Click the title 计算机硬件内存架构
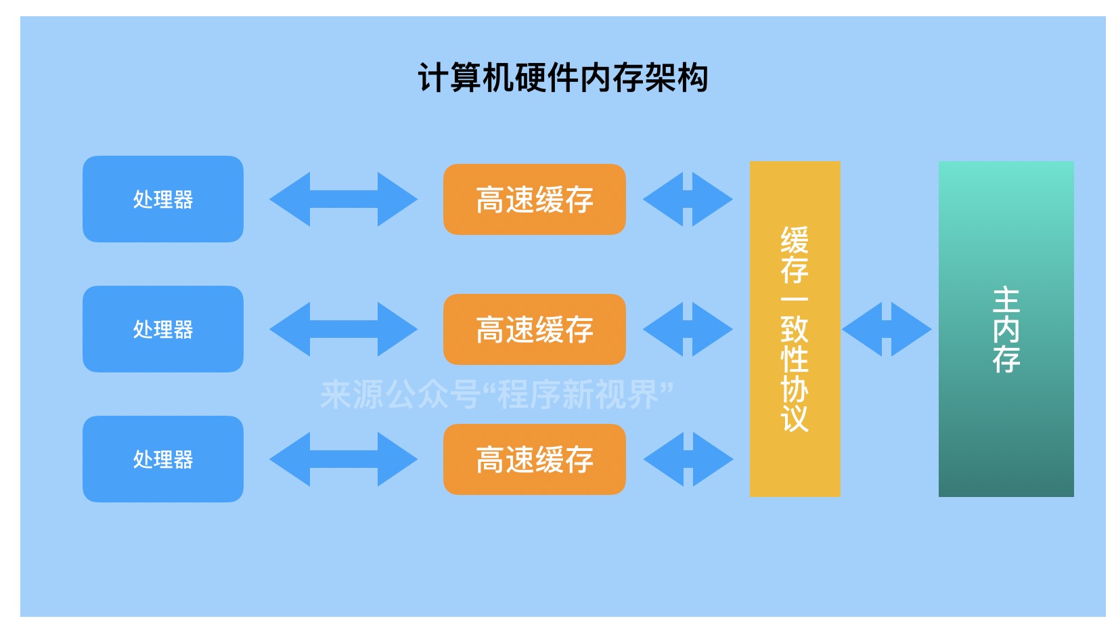click(x=562, y=78)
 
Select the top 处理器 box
click(x=162, y=199)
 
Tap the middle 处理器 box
click(x=162, y=329)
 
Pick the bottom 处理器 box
click(x=162, y=459)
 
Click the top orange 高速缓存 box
click(x=534, y=199)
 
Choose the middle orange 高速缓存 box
click(x=534, y=329)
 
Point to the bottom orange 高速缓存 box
click(x=534, y=459)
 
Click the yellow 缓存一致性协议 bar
click(x=795, y=329)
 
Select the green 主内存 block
click(x=1006, y=329)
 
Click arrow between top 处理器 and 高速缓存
click(x=343, y=199)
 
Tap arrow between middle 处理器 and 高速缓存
click(x=343, y=329)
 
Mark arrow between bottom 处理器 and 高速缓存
click(x=343, y=459)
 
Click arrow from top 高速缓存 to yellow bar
click(x=688, y=199)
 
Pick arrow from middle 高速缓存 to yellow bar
click(x=688, y=329)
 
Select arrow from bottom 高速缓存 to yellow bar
click(x=688, y=459)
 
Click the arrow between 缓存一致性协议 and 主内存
click(x=887, y=329)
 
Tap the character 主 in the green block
click(x=1006, y=300)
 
